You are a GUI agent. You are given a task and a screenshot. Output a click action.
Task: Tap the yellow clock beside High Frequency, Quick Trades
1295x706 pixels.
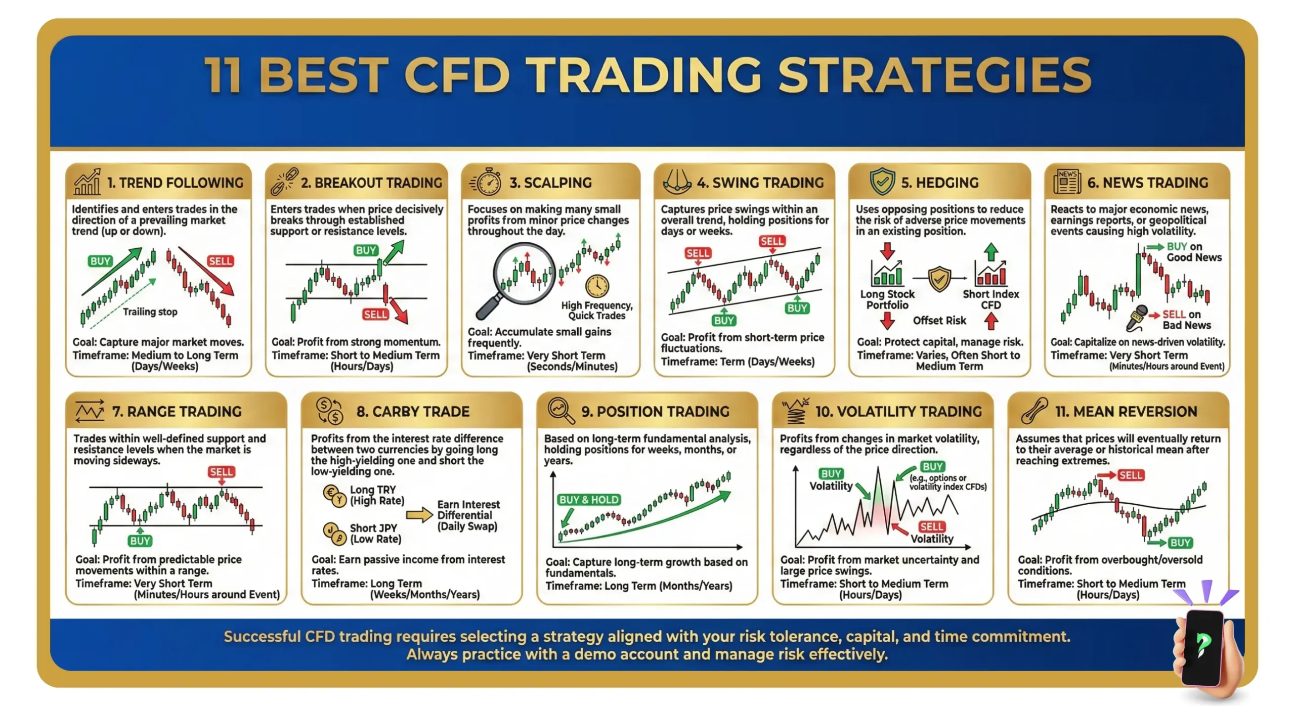pos(597,286)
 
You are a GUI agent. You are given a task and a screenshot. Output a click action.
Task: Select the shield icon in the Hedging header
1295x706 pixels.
pos(882,182)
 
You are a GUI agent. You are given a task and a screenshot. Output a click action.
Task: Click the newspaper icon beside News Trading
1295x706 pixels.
pos(1066,182)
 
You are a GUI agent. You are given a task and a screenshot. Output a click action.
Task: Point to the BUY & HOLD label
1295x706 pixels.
pos(588,500)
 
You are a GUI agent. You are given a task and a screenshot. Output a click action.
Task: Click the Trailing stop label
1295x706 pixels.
pos(150,312)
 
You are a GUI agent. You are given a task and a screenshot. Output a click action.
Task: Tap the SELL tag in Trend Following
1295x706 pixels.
pos(221,261)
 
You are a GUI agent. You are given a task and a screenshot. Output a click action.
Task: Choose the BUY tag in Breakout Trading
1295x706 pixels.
pos(366,250)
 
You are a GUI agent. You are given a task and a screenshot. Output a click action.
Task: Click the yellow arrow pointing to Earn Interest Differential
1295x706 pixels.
pos(419,515)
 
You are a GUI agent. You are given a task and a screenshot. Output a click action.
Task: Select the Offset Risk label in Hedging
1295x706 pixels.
pos(939,320)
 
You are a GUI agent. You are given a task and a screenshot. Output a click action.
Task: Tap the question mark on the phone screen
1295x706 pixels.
pos(1203,644)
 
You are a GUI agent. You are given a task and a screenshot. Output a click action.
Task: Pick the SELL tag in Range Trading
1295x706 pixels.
pos(221,472)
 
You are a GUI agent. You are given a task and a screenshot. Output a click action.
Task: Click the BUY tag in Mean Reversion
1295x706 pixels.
pos(1180,543)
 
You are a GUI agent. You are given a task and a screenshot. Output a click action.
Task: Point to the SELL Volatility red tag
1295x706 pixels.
pos(931,526)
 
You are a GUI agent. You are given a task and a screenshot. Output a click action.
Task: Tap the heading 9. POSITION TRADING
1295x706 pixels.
pos(655,412)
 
